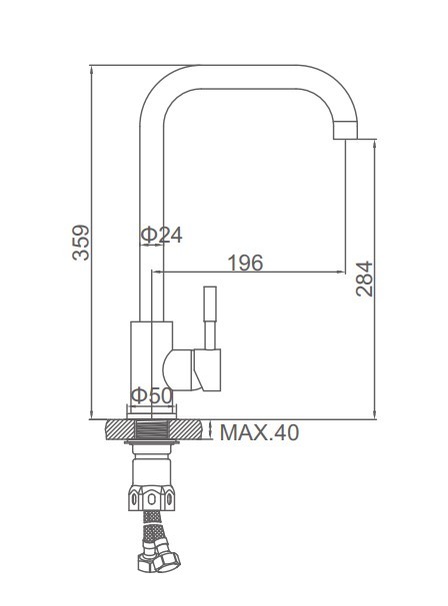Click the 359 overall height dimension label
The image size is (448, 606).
click(81, 243)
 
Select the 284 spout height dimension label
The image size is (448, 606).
click(364, 279)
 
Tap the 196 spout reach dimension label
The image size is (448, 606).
click(245, 263)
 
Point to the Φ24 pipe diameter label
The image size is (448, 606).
click(161, 235)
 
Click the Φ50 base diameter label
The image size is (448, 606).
click(152, 395)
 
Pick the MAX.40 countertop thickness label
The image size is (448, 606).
click(259, 432)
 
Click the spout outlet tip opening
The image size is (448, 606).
click(346, 139)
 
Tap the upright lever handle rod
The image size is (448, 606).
click(210, 317)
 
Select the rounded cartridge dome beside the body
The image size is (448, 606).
click(177, 369)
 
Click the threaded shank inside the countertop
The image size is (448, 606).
click(152, 430)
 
